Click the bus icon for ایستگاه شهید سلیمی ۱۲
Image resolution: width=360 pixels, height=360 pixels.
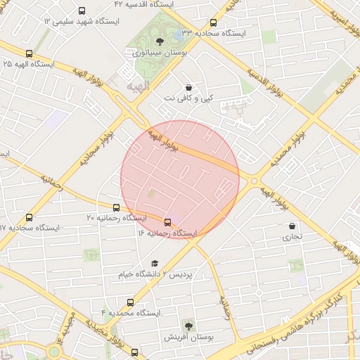point(82,11)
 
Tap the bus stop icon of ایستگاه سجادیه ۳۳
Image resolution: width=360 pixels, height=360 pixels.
point(213,22)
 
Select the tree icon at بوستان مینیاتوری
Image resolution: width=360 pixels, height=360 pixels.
point(160,41)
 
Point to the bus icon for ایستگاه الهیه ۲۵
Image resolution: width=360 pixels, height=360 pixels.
point(29,53)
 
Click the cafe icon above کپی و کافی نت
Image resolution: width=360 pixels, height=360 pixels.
point(189,87)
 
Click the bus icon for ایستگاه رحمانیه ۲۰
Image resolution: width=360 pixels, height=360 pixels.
point(116,207)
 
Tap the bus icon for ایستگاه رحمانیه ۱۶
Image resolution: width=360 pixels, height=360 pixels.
point(167,221)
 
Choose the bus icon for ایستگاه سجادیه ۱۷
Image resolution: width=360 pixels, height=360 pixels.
point(29,218)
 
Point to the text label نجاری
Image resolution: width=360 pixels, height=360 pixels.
point(292,237)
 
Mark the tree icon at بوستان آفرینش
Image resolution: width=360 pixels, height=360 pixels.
point(188,325)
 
